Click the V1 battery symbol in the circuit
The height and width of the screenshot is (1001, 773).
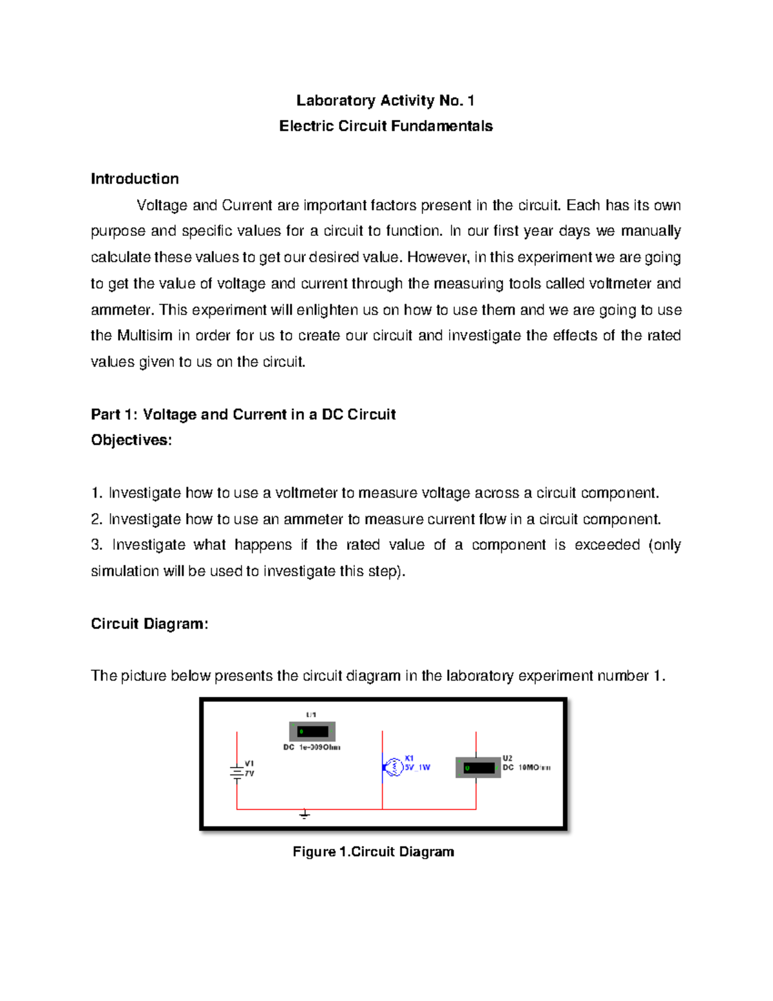tap(237, 772)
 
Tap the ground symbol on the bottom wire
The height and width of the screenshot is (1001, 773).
tap(305, 815)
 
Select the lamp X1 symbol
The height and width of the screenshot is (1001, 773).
tap(392, 767)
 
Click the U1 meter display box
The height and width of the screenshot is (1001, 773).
tap(312, 732)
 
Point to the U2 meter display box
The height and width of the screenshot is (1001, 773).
tap(478, 768)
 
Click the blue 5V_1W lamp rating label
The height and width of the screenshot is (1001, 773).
tap(417, 768)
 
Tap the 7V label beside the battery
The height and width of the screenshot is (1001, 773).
tap(249, 773)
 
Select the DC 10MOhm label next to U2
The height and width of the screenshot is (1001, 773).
tap(527, 768)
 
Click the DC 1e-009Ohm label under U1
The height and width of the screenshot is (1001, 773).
tap(312, 748)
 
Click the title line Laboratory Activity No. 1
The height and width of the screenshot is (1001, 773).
tap(385, 101)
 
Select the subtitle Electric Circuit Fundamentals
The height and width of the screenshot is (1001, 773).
tap(386, 126)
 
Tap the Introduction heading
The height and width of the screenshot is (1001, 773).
tap(135, 179)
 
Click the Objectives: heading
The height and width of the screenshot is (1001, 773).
tap(131, 440)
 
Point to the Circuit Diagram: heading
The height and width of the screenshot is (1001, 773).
tap(149, 624)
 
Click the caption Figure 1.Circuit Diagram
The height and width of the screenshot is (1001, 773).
tap(373, 852)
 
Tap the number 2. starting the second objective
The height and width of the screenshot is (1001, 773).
tap(97, 520)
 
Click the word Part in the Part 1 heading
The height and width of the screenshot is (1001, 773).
tap(106, 414)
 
